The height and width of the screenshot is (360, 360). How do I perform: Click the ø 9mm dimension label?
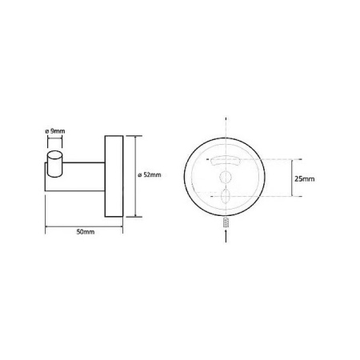point(54,131)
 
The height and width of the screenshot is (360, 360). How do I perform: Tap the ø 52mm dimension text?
point(150,175)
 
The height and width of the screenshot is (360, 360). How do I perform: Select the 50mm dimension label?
point(86,232)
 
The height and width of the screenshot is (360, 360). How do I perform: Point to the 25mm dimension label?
point(304,178)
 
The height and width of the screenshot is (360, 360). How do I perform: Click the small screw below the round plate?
point(226,222)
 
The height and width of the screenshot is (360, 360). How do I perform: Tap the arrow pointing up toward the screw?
point(226,236)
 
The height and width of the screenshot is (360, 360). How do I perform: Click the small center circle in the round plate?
point(225,177)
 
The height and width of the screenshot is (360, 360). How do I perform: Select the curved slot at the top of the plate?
point(226,161)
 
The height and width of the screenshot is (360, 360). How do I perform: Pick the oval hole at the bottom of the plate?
point(226,197)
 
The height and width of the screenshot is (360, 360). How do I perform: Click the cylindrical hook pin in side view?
point(54,163)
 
